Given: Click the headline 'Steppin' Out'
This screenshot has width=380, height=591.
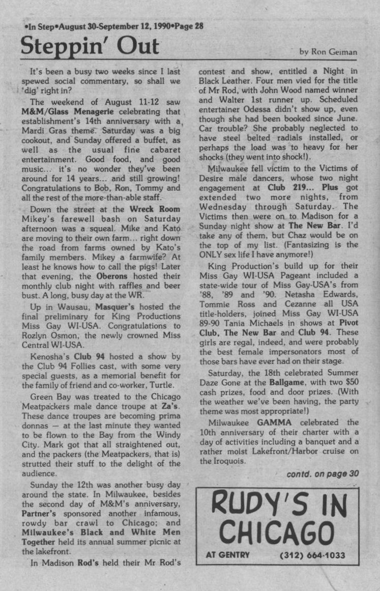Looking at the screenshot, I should click(x=90, y=47).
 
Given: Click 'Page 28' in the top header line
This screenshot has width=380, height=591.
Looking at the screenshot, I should click(x=189, y=26).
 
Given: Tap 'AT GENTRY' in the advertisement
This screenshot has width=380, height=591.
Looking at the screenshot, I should click(x=228, y=555).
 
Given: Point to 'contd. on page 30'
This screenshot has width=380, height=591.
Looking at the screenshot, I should click(x=323, y=473).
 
